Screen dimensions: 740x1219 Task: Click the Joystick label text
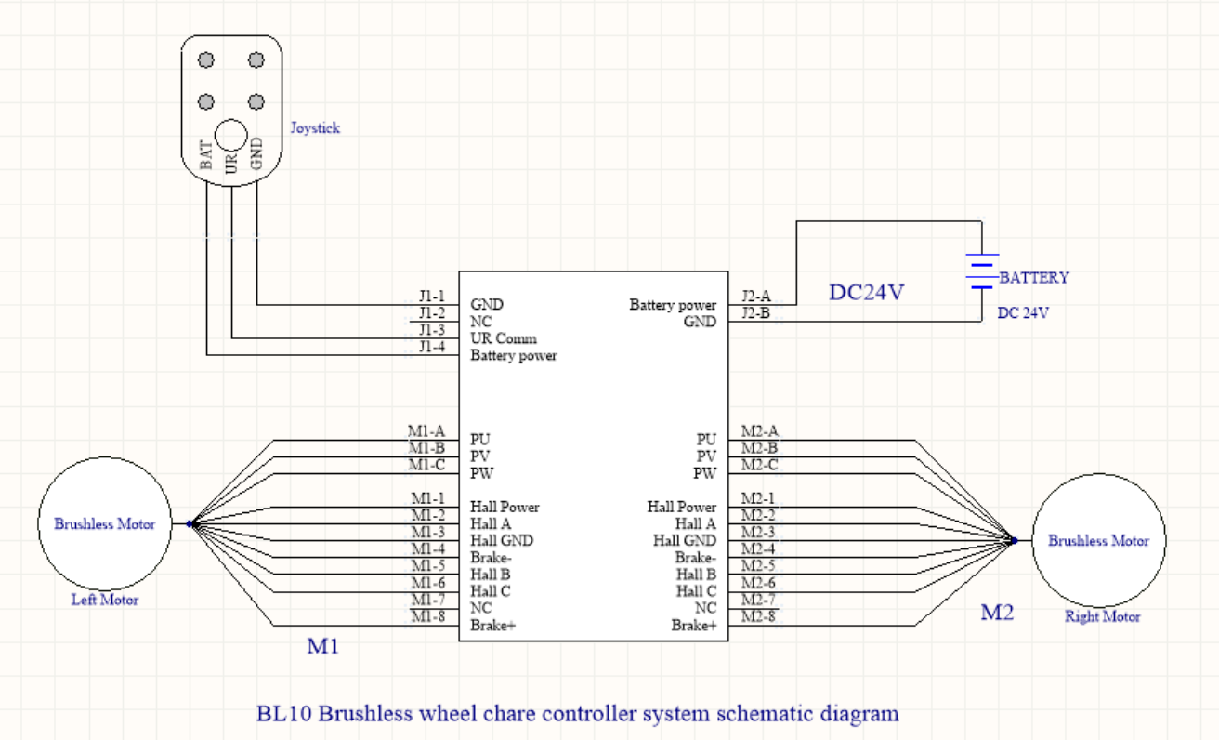(x=314, y=128)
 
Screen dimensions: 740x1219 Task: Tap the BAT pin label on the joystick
(x=206, y=153)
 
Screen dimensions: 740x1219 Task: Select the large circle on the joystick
(x=231, y=136)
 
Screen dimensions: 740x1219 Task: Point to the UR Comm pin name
(x=504, y=338)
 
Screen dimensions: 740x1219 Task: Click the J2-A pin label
(x=755, y=297)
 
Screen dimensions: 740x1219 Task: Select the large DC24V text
(x=866, y=293)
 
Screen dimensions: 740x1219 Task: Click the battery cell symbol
(x=981, y=271)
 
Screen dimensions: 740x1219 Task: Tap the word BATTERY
(x=1034, y=277)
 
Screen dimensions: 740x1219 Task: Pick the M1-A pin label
(x=426, y=431)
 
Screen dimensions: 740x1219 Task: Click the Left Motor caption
(x=105, y=600)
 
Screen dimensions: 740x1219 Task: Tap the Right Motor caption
(x=1102, y=616)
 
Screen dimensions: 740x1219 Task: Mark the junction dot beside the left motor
(x=189, y=523)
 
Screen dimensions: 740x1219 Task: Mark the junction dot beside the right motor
(x=1015, y=540)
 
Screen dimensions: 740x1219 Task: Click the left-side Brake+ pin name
(x=492, y=626)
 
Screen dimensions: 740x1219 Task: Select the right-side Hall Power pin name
(x=682, y=507)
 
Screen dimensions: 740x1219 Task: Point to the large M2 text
(x=997, y=613)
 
